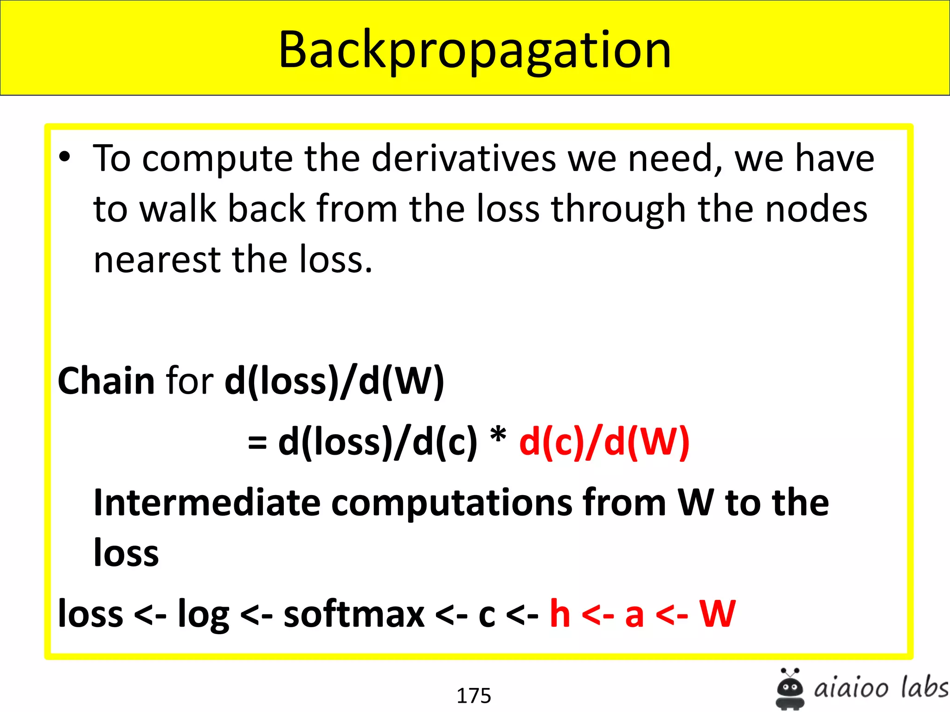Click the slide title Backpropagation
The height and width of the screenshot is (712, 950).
(x=475, y=50)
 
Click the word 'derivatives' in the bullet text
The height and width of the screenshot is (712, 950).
(x=463, y=158)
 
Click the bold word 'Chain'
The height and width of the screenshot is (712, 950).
(x=106, y=381)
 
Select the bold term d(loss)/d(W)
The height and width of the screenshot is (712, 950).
(x=334, y=381)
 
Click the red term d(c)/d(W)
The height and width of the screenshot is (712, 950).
(x=604, y=442)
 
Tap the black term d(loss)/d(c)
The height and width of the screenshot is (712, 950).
(x=378, y=442)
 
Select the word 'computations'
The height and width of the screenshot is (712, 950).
(x=452, y=503)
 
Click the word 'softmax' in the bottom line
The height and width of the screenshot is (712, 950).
(x=354, y=614)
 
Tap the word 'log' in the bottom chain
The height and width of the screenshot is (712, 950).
(x=204, y=615)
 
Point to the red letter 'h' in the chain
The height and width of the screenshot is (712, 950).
(x=560, y=613)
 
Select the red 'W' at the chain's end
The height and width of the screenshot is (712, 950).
(x=717, y=613)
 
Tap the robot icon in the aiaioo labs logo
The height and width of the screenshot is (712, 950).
(x=790, y=689)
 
